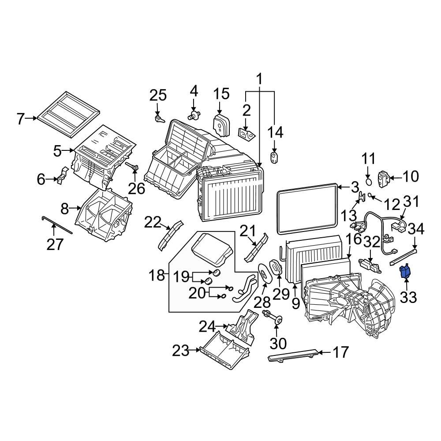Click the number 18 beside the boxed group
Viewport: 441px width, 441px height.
tap(156, 276)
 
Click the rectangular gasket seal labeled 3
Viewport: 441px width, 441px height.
tap(307, 210)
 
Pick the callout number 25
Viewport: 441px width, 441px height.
tap(158, 95)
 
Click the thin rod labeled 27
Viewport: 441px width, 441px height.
tap(57, 226)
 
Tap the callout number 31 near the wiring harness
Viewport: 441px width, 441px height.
tap(411, 202)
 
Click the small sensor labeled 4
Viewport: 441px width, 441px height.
tap(194, 116)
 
